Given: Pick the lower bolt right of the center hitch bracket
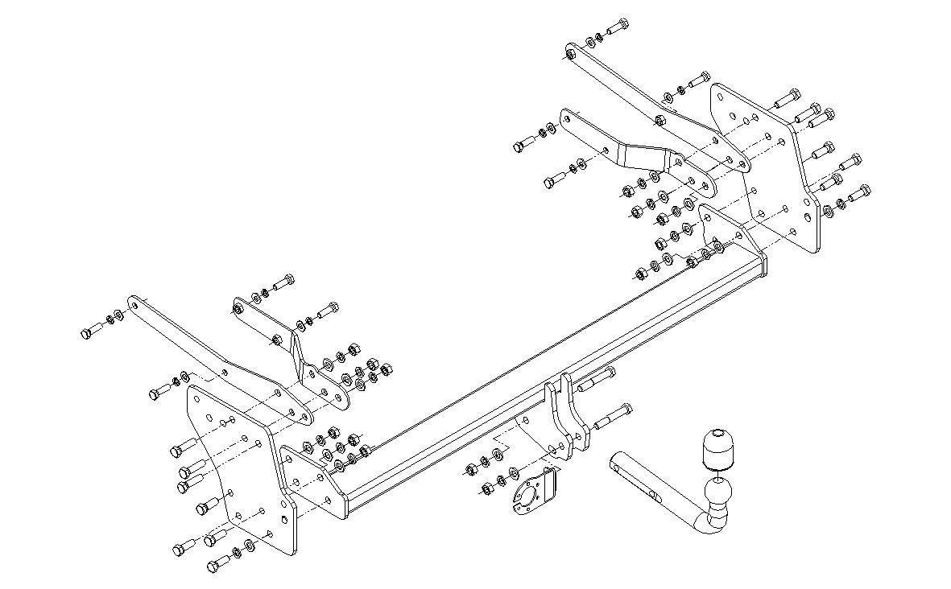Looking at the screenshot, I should pyautogui.click(x=613, y=418).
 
